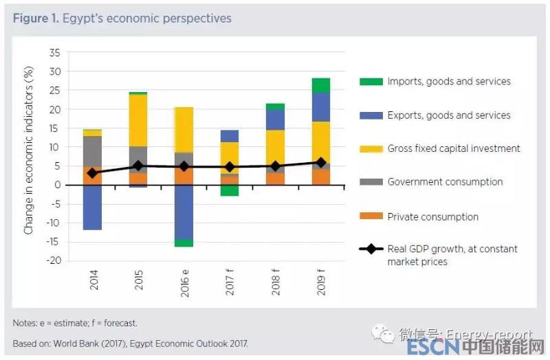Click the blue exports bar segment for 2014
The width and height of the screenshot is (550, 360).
93,207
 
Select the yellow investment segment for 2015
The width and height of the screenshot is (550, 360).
138,120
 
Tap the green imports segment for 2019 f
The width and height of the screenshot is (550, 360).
320,85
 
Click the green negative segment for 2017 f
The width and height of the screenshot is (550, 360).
230,190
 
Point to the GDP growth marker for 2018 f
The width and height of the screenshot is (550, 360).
275,166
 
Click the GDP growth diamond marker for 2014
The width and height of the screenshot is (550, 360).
93,173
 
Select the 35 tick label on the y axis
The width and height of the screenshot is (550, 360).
55,53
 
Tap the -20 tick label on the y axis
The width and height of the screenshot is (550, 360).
52,261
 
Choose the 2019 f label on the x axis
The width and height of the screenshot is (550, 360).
321,282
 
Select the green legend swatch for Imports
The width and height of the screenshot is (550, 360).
371,82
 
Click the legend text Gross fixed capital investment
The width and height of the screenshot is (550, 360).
454,148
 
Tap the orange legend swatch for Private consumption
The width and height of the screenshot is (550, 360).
371,217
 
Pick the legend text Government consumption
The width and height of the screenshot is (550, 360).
445,182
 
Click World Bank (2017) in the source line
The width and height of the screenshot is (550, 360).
97,342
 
